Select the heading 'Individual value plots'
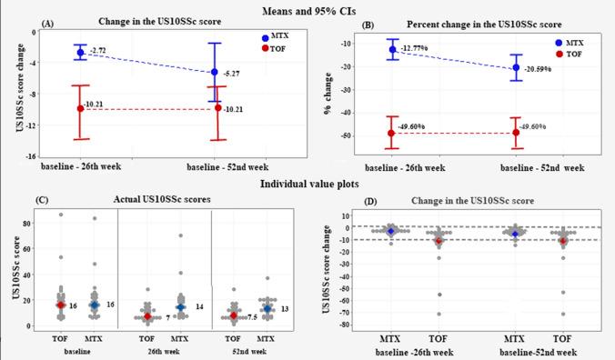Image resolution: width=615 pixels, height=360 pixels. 307,185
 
